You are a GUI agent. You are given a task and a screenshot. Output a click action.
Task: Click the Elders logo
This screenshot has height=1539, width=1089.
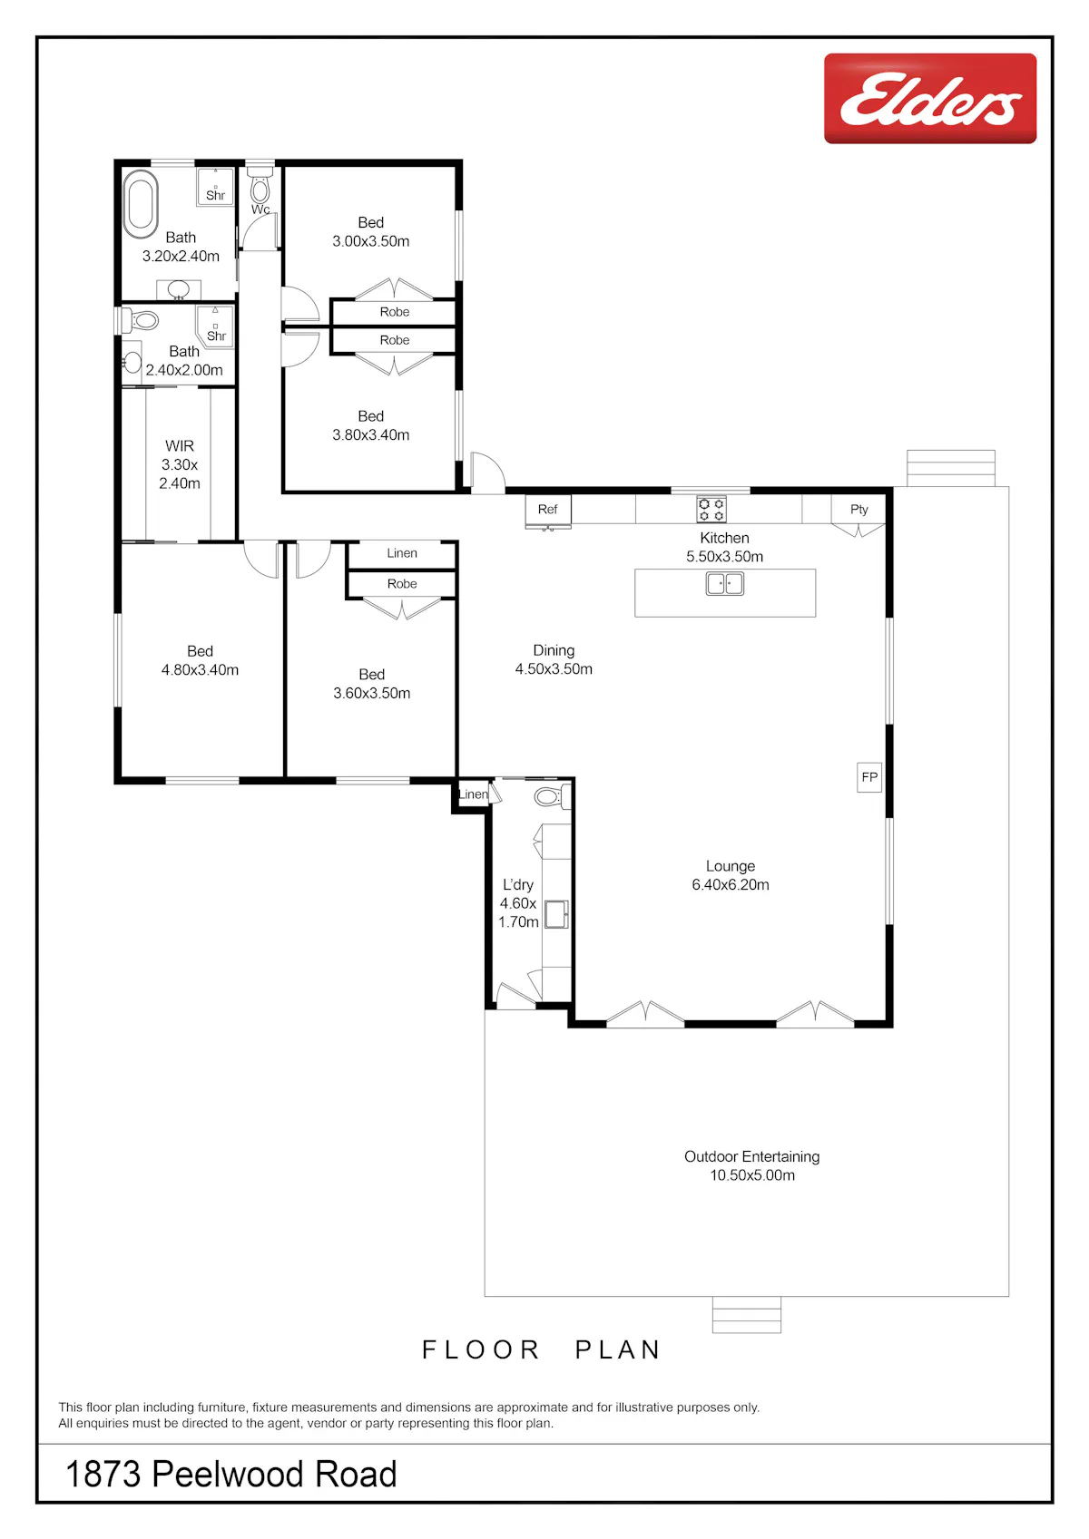tap(929, 98)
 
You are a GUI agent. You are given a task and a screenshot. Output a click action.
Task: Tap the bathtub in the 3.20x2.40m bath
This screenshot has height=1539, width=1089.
tap(141, 204)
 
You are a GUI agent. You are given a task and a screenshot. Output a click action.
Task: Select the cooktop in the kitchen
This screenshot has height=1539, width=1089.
tap(711, 510)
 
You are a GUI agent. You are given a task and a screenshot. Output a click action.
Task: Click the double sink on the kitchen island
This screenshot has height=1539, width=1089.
tap(724, 584)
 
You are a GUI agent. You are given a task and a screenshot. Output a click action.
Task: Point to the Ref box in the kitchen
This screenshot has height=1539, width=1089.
tap(548, 510)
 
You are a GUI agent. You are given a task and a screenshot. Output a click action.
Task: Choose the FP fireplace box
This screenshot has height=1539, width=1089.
tap(869, 777)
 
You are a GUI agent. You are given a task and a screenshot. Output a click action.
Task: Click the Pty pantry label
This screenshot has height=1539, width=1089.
tap(858, 509)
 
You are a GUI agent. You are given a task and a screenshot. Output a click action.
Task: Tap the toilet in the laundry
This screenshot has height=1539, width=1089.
tap(550, 797)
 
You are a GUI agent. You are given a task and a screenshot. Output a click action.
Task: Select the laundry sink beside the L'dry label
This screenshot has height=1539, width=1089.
tap(556, 914)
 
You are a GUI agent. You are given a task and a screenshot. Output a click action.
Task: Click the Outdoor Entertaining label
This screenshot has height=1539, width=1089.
tap(751, 1156)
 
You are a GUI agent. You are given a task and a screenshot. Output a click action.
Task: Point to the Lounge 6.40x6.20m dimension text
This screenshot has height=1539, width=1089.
tap(731, 885)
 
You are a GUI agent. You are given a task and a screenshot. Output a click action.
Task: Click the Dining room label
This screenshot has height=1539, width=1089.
tap(554, 650)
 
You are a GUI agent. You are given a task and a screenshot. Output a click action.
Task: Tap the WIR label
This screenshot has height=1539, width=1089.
tap(180, 446)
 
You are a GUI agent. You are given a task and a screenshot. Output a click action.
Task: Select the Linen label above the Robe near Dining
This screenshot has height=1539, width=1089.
tap(401, 553)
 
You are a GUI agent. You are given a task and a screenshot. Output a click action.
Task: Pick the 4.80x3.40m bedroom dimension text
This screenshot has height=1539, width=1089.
tap(200, 670)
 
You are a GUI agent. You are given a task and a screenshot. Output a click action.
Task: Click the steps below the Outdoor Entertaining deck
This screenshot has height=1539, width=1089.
tap(747, 1314)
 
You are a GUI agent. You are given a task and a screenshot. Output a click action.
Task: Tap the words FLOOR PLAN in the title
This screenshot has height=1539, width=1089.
tap(541, 1350)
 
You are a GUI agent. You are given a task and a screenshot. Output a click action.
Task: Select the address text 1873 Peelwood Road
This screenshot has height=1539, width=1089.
tap(231, 1474)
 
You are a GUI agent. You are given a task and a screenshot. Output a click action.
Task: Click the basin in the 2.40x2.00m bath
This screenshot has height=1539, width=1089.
tap(132, 361)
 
